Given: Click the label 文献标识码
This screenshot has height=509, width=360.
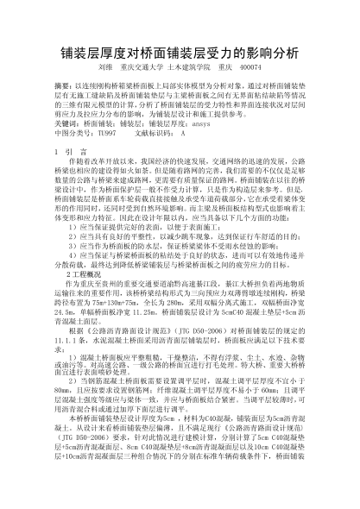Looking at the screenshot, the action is point(155,134).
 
